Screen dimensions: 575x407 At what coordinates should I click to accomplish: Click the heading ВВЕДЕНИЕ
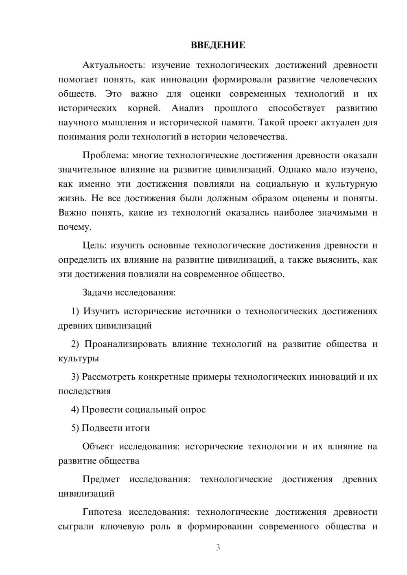tap(218, 45)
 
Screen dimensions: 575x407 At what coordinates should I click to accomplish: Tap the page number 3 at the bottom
tap(218, 547)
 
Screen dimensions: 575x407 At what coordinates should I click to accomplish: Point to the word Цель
tap(94, 246)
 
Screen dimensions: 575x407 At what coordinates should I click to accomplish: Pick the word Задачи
tap(98, 292)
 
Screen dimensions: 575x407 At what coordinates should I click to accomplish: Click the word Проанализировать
tap(125, 344)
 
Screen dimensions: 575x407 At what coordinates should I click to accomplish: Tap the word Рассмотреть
tap(109, 377)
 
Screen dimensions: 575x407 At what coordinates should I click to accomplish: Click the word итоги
tap(138, 428)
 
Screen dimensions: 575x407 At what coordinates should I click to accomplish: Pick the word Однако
tap(295, 170)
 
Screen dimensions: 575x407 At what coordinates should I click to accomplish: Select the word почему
tap(74, 227)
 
